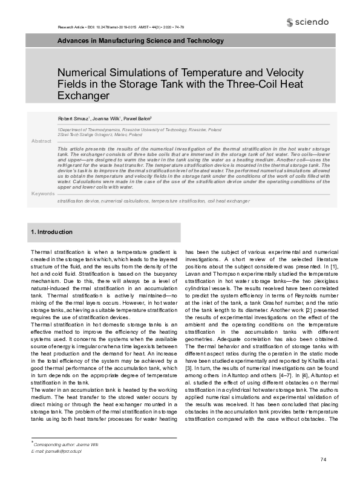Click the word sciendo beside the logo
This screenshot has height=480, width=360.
tap(312, 22)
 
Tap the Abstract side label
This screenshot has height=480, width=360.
tap(41, 141)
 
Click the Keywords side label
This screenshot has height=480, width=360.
tap(42, 193)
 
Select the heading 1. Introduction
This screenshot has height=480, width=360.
tap(51, 232)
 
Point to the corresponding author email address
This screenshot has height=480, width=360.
tap(56, 451)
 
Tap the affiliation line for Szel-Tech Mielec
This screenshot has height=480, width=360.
tap(100, 135)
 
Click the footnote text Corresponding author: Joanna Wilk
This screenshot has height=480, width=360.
tap(64, 444)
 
